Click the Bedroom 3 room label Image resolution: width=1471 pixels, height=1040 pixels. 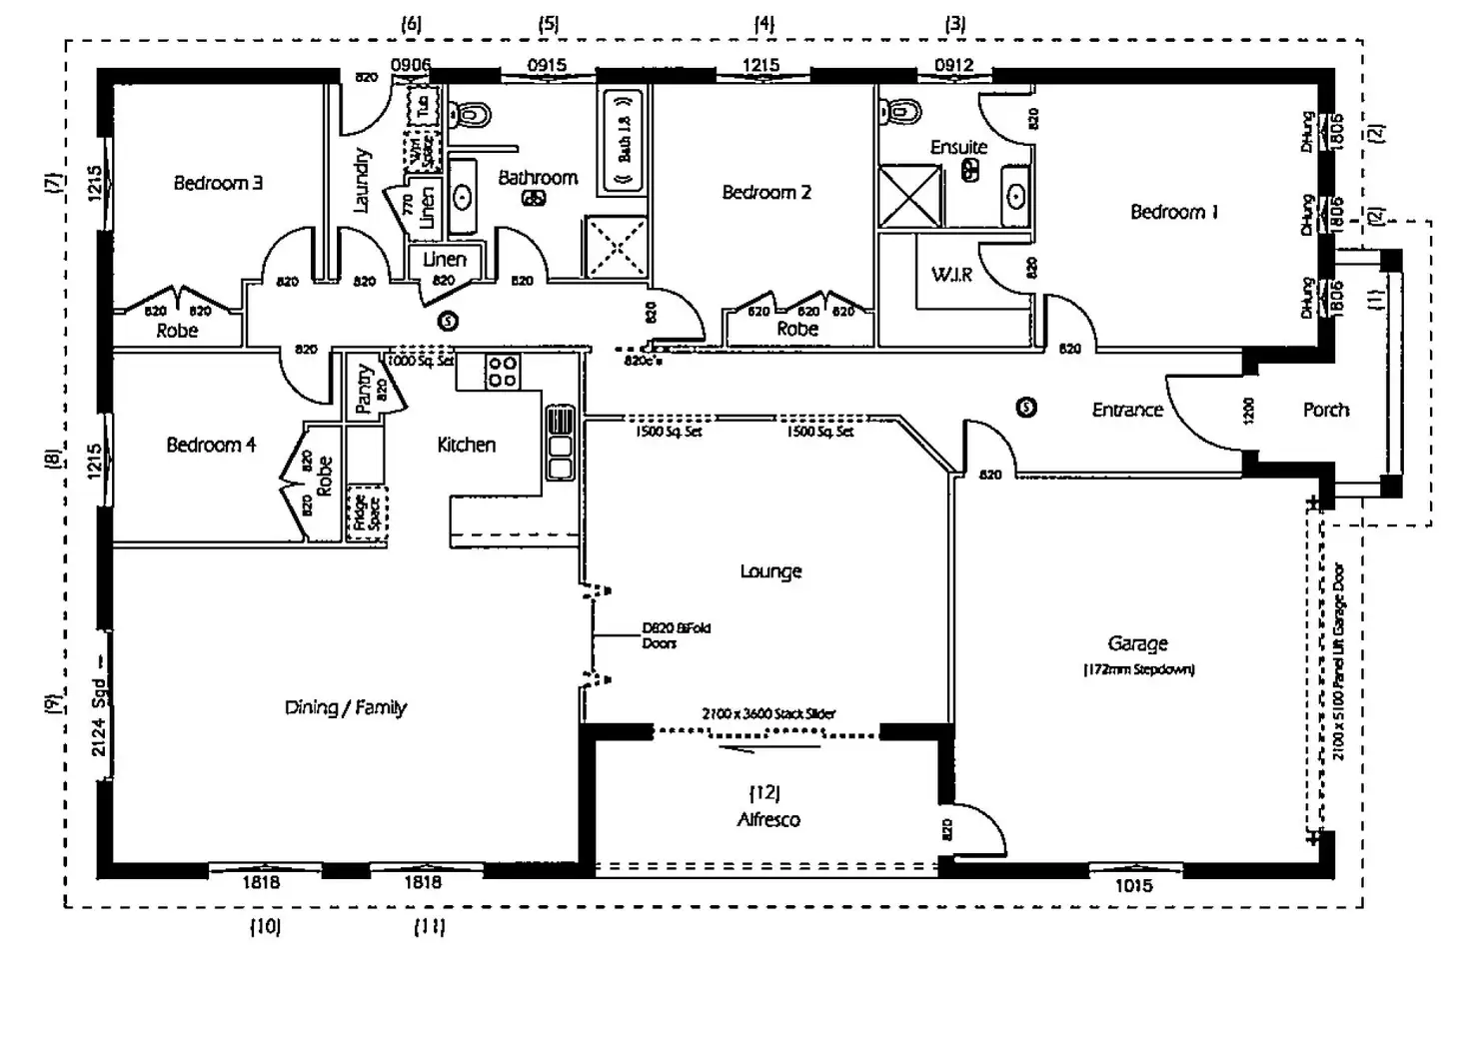218,183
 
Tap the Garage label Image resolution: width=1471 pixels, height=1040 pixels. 1137,644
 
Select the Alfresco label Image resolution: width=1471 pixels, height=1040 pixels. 767,819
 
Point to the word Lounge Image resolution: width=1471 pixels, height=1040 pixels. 770,571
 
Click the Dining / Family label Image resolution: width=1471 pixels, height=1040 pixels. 346,707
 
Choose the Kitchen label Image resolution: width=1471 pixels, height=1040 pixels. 466,445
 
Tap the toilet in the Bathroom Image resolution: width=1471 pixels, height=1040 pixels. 471,115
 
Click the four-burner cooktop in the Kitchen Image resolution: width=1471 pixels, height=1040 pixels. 502,372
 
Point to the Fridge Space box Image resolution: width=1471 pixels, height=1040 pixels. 367,514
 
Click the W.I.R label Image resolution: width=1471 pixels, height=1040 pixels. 951,274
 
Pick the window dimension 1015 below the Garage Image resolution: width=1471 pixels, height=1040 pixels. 1132,885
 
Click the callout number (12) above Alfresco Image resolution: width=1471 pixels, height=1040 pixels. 764,792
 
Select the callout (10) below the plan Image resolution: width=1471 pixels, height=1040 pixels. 265,926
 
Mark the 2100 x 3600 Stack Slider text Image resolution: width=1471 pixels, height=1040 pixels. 768,713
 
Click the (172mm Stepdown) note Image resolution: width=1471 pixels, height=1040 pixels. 1138,669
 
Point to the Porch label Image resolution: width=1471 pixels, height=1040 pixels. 1325,410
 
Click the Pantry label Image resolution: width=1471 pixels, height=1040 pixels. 364,388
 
